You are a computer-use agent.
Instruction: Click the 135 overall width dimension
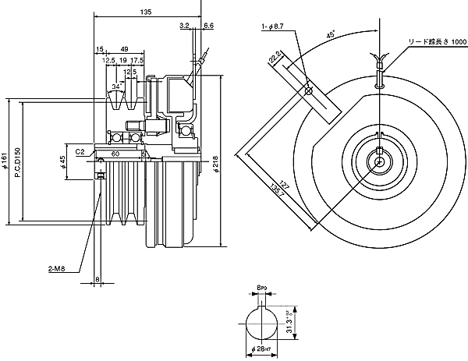coord(146,11)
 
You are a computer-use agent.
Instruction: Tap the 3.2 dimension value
coord(184,26)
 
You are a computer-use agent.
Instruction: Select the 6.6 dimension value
coord(208,26)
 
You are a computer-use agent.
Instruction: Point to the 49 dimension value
coord(125,48)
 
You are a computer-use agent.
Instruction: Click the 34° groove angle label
coord(117,86)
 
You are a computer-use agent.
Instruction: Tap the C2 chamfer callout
coord(80,153)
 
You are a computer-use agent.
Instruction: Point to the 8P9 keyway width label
coord(262,288)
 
